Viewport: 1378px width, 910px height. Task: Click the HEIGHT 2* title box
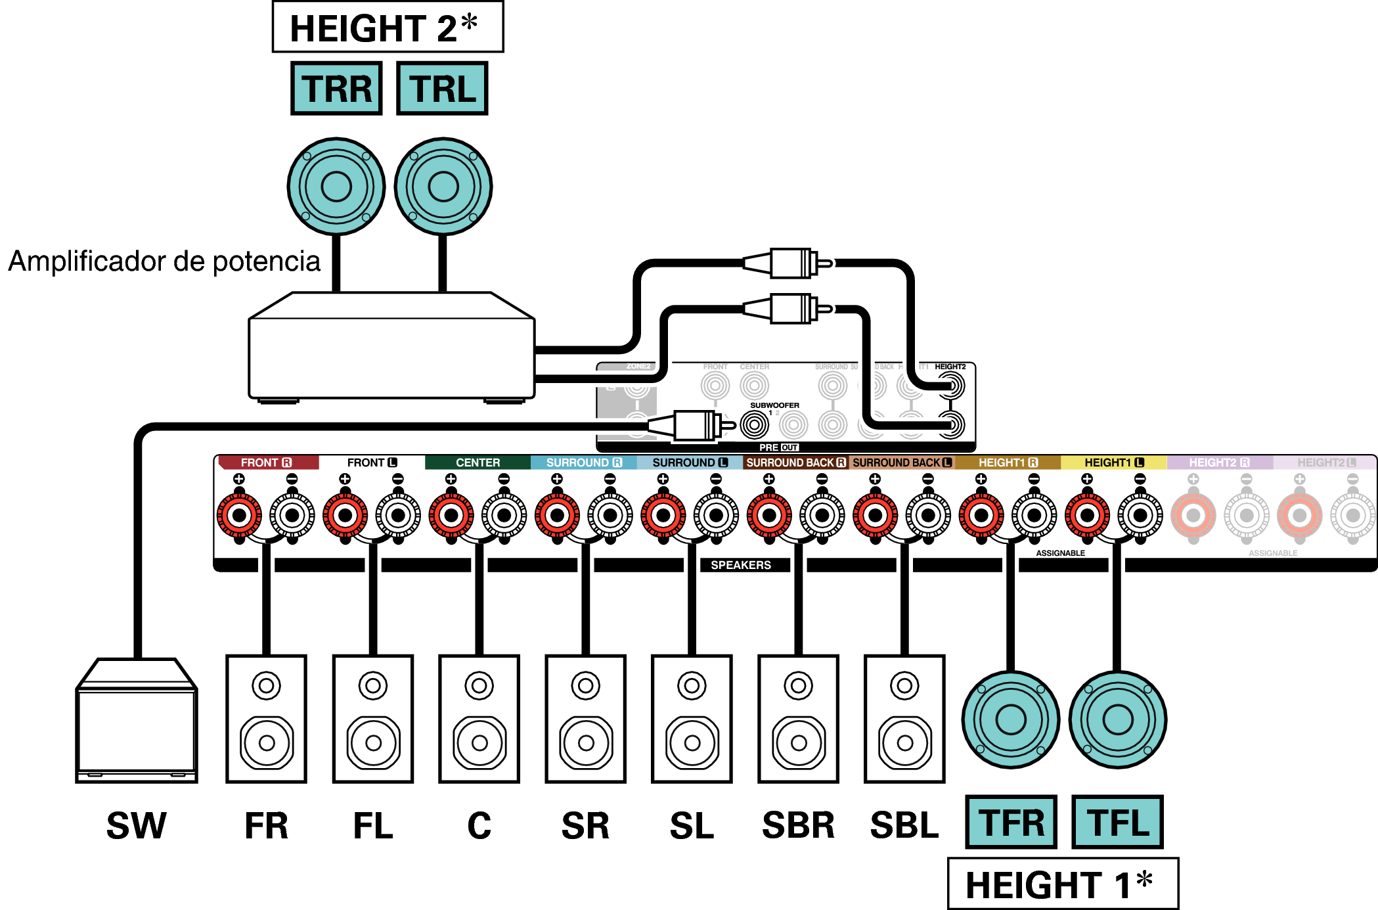388,28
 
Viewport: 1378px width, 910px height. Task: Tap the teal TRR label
336,89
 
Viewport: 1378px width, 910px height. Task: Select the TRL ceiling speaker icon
443,186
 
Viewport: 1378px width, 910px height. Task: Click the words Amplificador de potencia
164,261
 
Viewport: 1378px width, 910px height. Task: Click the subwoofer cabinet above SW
137,723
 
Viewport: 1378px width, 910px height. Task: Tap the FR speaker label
266,826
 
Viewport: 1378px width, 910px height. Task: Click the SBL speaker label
904,826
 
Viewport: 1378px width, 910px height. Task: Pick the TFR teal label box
1011,823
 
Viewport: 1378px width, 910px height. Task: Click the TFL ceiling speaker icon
1118,719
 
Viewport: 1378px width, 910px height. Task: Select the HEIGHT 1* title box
1063,884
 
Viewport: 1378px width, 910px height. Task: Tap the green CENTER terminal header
478,463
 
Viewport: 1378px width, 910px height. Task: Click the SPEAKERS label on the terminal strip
741,565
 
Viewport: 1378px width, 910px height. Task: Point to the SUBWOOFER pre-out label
774,405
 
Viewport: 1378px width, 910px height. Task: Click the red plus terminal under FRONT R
239,515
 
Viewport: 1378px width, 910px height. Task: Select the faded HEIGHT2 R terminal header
1219,463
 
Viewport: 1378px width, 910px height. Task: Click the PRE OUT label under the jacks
779,447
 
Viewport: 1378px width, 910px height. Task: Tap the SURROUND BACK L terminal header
902,463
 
